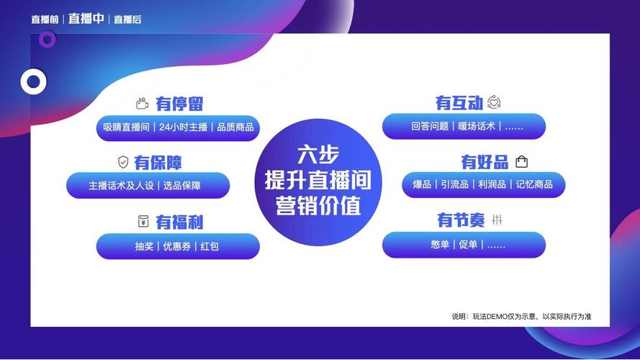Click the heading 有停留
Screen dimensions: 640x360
[179, 104]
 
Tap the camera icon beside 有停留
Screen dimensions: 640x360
[142, 104]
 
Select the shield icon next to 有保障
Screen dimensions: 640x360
[123, 162]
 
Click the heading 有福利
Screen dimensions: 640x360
[179, 222]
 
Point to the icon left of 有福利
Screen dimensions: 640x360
[143, 221]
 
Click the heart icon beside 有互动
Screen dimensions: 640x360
[494, 102]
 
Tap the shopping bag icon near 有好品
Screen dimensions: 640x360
[521, 161]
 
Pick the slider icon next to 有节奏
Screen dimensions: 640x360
[497, 220]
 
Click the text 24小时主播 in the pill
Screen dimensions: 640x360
[184, 127]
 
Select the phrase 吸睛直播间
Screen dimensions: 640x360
[126, 127]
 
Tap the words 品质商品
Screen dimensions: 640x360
[235, 127]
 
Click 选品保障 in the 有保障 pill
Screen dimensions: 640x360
[181, 186]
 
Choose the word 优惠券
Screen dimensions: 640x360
[176, 246]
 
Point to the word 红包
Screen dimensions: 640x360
[209, 246]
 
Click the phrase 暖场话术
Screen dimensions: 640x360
[477, 126]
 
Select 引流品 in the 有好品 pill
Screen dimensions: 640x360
[454, 184]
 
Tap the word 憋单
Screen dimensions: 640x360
[440, 245]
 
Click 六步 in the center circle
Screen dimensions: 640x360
[318, 155]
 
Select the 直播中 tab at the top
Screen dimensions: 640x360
[86, 19]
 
